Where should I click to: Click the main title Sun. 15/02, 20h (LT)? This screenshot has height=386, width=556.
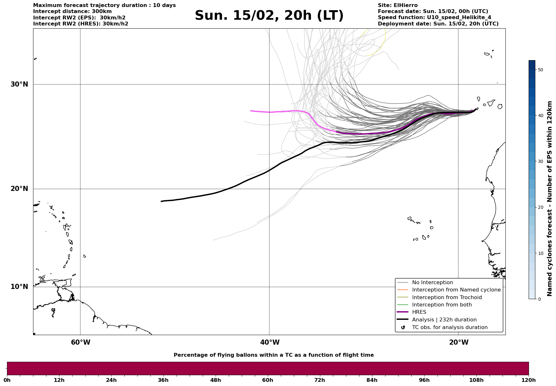pyautogui.click(x=269, y=16)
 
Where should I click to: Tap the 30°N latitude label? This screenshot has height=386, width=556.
pyautogui.click(x=19, y=84)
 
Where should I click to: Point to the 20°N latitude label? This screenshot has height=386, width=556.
pyautogui.click(x=19, y=189)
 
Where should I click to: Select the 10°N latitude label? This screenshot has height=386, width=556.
pyautogui.click(x=19, y=287)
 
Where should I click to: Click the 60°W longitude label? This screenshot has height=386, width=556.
pyautogui.click(x=80, y=342)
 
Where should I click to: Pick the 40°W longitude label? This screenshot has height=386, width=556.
pyautogui.click(x=270, y=342)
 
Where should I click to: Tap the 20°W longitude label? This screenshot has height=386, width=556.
pyautogui.click(x=459, y=342)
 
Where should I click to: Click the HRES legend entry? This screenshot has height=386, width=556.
pyautogui.click(x=419, y=312)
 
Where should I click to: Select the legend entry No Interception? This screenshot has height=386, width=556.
pyautogui.click(x=432, y=283)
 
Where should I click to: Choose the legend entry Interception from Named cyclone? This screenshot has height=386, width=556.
pyautogui.click(x=456, y=290)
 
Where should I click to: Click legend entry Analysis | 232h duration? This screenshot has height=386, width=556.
pyautogui.click(x=444, y=320)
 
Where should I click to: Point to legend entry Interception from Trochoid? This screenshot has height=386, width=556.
pyautogui.click(x=447, y=298)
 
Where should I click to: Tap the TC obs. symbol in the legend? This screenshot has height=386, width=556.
pyautogui.click(x=403, y=327)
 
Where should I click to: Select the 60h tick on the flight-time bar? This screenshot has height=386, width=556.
pyautogui.click(x=268, y=380)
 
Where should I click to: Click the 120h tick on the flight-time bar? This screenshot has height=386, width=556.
pyautogui.click(x=529, y=380)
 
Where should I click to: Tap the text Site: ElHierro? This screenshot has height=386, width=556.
pyautogui.click(x=398, y=5)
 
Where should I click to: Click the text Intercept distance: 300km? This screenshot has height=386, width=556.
pyautogui.click(x=73, y=11)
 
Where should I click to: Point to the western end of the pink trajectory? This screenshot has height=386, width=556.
pyautogui.click(x=251, y=111)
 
